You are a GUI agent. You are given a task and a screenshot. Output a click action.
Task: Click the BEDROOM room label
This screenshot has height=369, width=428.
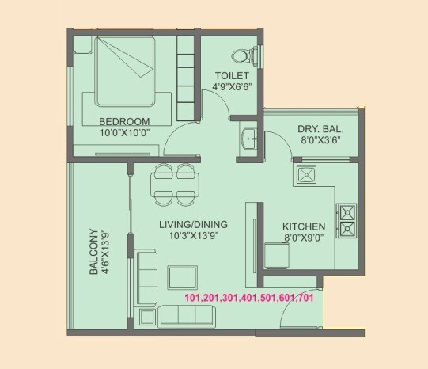(124, 121)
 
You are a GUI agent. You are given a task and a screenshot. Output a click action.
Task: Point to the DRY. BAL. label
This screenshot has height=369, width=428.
(320, 129)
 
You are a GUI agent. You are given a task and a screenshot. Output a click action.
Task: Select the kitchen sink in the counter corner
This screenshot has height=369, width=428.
(305, 173)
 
